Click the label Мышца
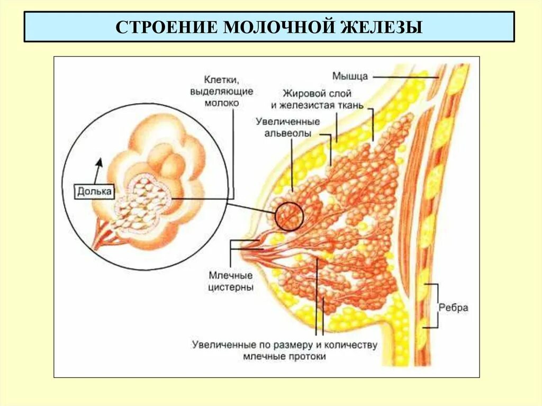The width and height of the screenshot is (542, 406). click(x=350, y=76)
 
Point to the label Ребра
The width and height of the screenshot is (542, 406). click(x=454, y=308)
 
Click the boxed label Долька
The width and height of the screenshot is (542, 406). click(x=94, y=192)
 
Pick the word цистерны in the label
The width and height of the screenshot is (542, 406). click(x=231, y=287)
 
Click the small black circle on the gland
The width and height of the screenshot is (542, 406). click(x=289, y=216)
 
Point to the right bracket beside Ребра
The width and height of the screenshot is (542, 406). click(x=437, y=306)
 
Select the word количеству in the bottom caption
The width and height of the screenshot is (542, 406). click(x=349, y=345)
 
